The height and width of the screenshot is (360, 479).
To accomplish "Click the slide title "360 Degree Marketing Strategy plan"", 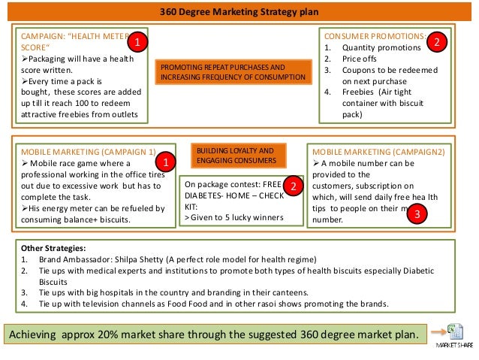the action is (x=239, y=12).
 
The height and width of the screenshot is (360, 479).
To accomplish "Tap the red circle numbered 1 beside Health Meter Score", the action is (x=137, y=43).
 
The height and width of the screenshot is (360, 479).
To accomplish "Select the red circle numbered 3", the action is (x=419, y=214).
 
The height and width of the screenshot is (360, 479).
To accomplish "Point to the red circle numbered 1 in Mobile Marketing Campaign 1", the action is (x=164, y=162).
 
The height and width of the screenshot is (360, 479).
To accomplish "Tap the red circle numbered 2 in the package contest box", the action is (x=295, y=186).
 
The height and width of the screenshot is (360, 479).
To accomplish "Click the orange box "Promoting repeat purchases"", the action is (x=233, y=72).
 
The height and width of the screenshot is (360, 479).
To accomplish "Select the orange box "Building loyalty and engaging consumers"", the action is (x=239, y=156).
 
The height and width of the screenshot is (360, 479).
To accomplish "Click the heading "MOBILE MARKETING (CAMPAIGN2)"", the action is (x=378, y=151).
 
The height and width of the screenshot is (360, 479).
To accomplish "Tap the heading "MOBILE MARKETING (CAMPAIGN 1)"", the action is (x=89, y=151).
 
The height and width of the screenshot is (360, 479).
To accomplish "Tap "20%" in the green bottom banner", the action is (x=119, y=333).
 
